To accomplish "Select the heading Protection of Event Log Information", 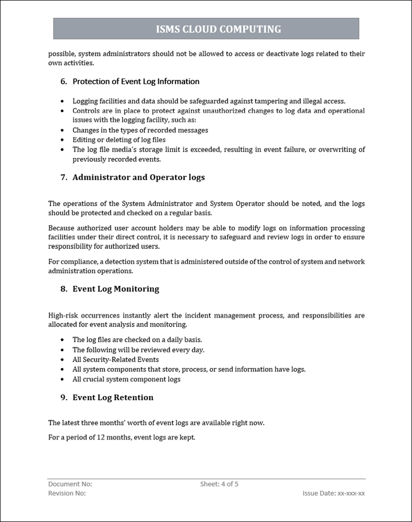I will click(x=136, y=81).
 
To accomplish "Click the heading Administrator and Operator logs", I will click(x=138, y=177).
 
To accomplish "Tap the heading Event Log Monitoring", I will click(x=115, y=289).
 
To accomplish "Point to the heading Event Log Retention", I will click(x=113, y=398).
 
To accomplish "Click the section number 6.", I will click(x=63, y=81).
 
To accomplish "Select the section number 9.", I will click(x=63, y=398).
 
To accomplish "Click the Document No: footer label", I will click(x=70, y=484).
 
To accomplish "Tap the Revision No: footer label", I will click(x=67, y=493).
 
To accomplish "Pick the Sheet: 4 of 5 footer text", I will click(x=219, y=484).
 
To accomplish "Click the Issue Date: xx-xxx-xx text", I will click(x=334, y=493).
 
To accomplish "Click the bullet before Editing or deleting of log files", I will click(x=62, y=140).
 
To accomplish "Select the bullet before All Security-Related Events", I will click(x=62, y=360).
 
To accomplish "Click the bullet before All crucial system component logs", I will click(x=62, y=379).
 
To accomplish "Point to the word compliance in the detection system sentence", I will click(x=77, y=262).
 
